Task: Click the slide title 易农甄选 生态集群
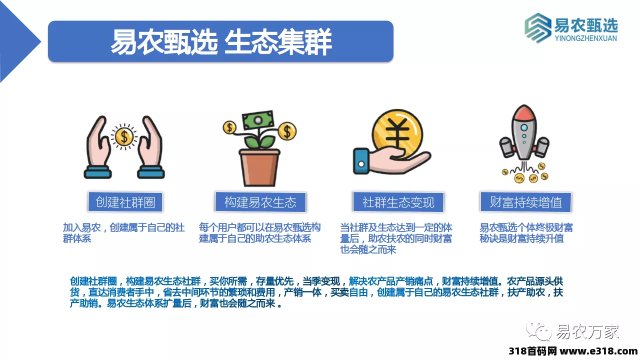221,41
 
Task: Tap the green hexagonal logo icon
537,28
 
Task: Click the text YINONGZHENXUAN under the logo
585,38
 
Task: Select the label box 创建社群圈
125,202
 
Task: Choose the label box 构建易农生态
260,202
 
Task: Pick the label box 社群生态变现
398,202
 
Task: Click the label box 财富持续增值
525,202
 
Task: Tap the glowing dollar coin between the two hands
124,136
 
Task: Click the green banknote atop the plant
257,120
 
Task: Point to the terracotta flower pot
259,167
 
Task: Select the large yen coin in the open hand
397,133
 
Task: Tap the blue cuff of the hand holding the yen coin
361,161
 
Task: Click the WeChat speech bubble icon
539,330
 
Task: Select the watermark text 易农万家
587,331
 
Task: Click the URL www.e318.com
598,351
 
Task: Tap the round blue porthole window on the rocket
524,127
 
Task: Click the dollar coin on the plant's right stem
287,131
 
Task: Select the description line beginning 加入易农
123,233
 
